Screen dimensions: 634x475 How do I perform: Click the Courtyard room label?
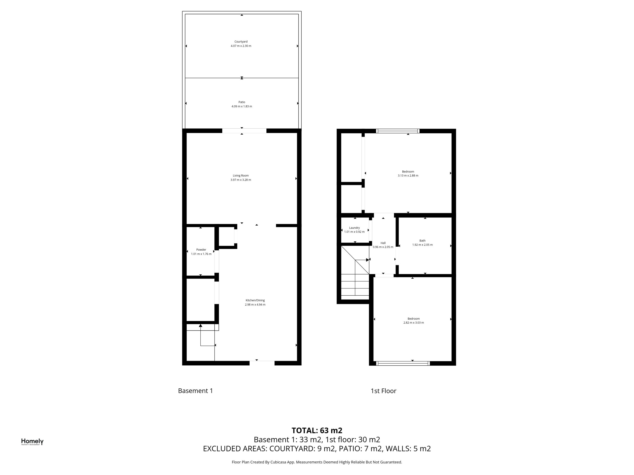(x=241, y=42)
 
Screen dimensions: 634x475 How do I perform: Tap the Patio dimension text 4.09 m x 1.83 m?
(x=242, y=106)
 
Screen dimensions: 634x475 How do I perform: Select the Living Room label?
(x=241, y=175)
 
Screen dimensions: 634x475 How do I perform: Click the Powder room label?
(x=201, y=250)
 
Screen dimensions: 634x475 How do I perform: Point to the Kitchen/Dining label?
(x=255, y=300)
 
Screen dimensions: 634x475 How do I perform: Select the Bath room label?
(x=422, y=240)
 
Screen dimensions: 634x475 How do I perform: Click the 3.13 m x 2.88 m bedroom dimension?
(x=408, y=175)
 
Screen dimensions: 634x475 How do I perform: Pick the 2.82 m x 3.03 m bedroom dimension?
(x=413, y=322)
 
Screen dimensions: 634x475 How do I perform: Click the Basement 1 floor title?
(x=195, y=391)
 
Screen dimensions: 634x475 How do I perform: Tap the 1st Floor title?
(x=383, y=391)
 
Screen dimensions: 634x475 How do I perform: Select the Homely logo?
(x=32, y=442)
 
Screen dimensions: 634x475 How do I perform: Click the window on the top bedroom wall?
(x=397, y=131)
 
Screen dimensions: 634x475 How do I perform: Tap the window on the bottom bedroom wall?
(x=403, y=363)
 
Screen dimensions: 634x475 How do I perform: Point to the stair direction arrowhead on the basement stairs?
(x=201, y=325)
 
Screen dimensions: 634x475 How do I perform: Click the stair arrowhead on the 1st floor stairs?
(x=368, y=260)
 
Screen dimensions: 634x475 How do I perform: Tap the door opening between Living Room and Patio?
(x=244, y=131)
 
